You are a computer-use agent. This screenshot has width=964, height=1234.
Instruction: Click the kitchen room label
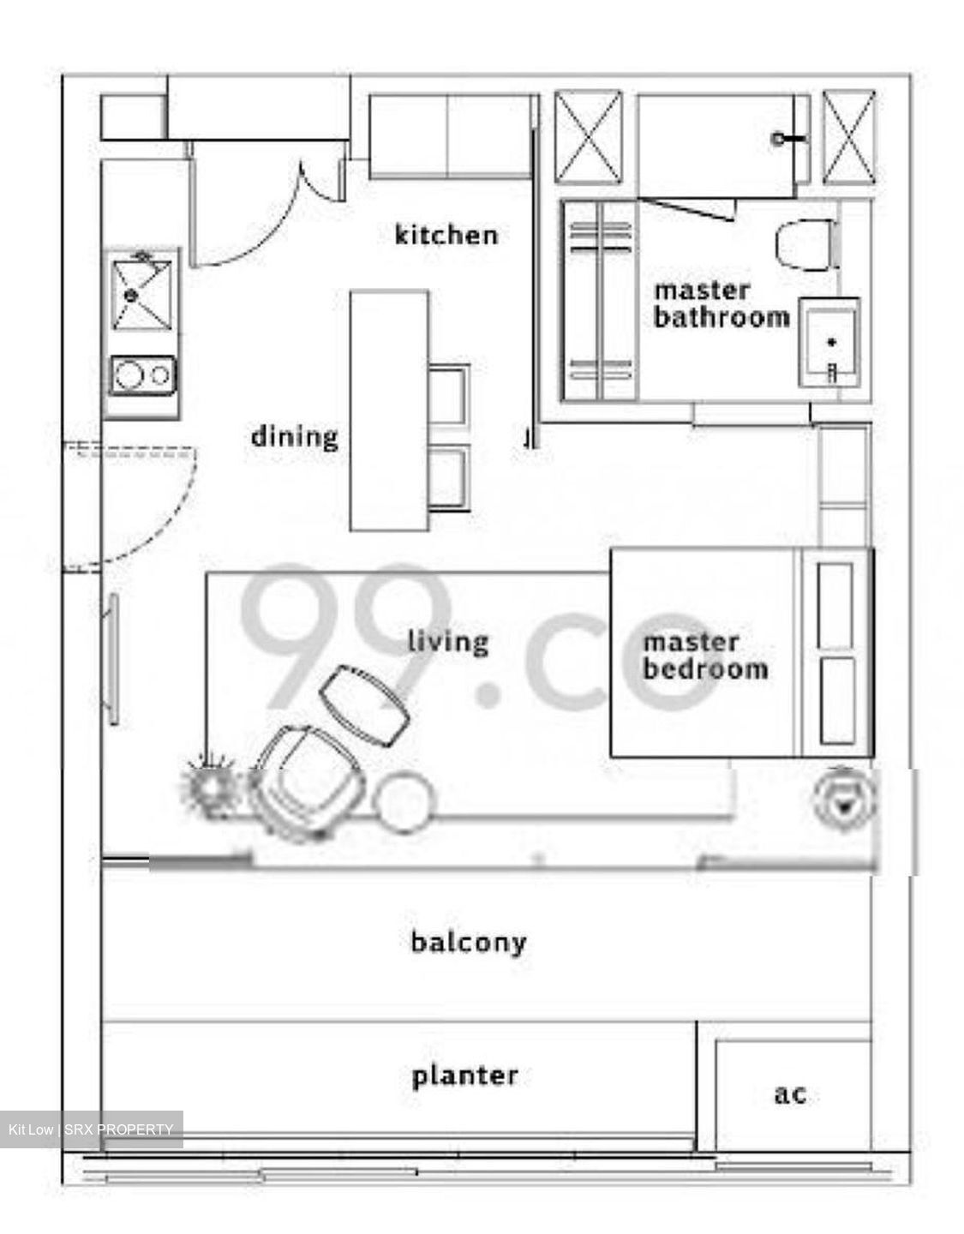tap(446, 235)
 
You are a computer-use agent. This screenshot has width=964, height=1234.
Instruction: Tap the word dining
tap(295, 437)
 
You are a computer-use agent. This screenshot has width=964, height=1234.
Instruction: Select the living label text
tap(448, 642)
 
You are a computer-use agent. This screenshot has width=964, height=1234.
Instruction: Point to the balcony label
tap(469, 943)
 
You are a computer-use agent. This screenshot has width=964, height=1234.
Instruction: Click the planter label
tap(465, 1076)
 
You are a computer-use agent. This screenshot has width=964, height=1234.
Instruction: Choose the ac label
tap(790, 1093)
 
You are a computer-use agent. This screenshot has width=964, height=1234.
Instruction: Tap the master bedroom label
tap(706, 656)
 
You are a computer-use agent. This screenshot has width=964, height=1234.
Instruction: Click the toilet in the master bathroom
tap(806, 245)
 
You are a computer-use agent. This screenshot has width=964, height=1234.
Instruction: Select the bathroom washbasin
tap(829, 343)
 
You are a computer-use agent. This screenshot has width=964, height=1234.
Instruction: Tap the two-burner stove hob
tap(143, 374)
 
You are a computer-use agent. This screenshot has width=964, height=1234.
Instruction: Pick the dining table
tap(390, 410)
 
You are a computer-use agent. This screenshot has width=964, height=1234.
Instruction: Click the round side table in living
tap(404, 801)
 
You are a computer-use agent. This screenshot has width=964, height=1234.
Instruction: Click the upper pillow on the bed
tap(835, 605)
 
